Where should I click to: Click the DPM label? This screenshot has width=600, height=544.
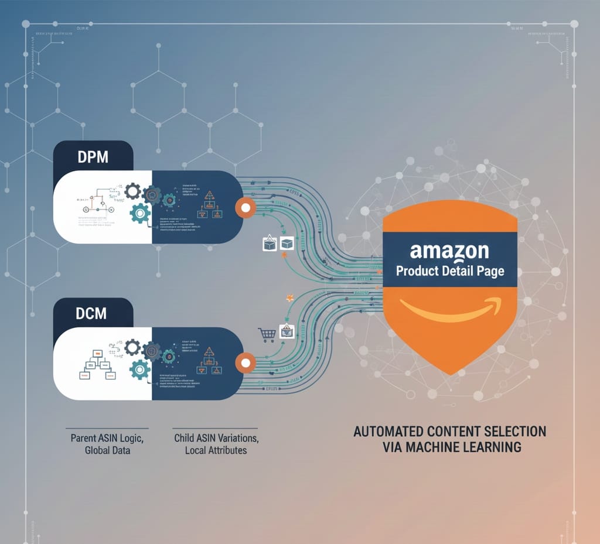[93, 158]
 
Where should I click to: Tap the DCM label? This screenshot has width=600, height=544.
[92, 313]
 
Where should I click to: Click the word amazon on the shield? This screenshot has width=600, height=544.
[449, 251]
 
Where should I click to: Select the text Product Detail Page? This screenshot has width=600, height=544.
[449, 272]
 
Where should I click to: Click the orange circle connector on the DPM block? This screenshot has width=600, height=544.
[245, 207]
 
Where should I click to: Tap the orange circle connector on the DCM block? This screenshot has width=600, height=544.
[245, 363]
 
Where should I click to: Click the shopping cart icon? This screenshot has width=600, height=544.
[267, 334]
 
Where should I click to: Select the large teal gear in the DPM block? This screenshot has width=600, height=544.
[140, 214]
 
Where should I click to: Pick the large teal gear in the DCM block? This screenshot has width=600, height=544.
[140, 369]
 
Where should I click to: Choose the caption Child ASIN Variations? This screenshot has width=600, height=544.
[216, 438]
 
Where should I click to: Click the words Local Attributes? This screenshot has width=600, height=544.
[216, 450]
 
